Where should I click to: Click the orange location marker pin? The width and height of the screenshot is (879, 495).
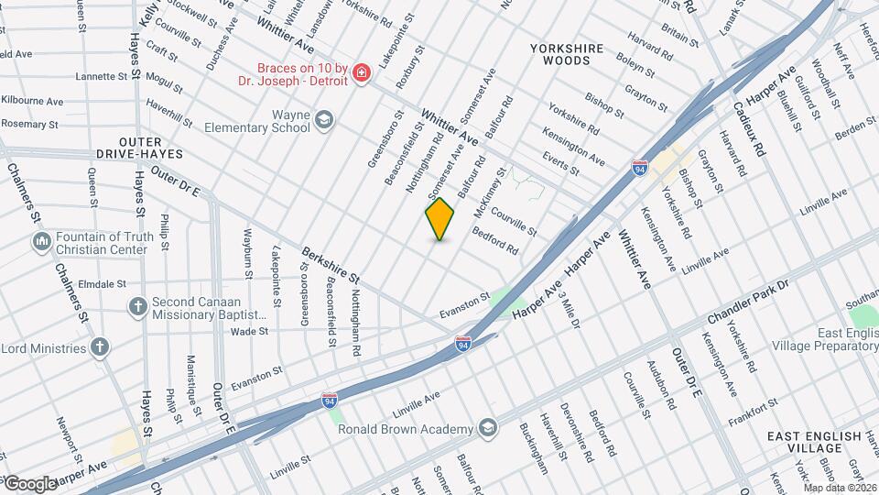[x=440, y=219]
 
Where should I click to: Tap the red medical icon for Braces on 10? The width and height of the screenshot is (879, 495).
[x=362, y=72]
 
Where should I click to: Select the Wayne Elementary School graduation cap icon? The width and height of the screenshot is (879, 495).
[x=323, y=120]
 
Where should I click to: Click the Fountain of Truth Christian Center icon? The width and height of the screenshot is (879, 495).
[x=41, y=242]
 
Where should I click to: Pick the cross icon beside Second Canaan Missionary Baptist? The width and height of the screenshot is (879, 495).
[x=137, y=306]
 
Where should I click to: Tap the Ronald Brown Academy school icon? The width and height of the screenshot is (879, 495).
[x=488, y=428]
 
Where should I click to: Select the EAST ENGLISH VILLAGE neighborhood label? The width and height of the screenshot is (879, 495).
[x=814, y=442]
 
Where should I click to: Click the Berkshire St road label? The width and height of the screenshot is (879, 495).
[x=331, y=266]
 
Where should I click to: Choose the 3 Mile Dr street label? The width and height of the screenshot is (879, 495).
[x=570, y=313]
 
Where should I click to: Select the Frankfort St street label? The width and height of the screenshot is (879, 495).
[x=754, y=401]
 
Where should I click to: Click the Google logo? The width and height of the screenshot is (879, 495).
[x=30, y=483]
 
